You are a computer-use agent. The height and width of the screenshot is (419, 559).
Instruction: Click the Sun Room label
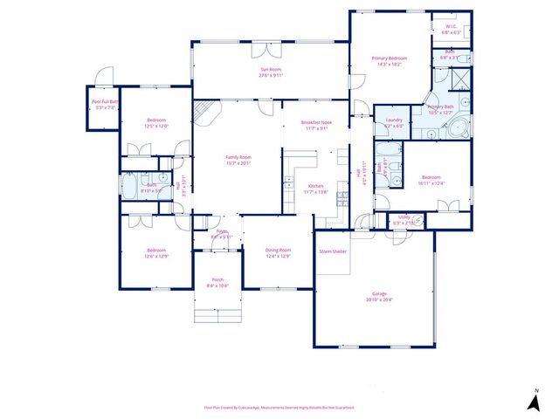pos(269,69)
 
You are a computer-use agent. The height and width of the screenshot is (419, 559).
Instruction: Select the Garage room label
pos(380,294)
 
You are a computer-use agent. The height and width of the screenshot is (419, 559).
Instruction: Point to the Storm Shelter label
pos(333,251)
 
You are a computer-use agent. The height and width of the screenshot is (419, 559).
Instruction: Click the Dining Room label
pos(277,251)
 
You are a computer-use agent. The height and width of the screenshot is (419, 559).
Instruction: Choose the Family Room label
pos(238,157)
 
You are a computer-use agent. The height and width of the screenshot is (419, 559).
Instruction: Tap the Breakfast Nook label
pos(316,123)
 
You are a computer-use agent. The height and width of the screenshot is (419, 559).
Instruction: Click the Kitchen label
pos(316,186)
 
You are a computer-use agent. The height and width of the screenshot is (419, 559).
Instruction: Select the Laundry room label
pos(393,120)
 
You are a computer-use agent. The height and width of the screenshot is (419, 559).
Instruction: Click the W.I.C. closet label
pos(452,27)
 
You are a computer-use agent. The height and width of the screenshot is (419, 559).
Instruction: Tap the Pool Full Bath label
pos(105,101)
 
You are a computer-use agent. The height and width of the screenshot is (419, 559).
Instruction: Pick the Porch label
pos(217,280)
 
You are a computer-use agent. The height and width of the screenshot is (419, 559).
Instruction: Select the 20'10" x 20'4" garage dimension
pos(380,300)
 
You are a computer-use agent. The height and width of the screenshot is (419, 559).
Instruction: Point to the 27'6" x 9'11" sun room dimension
pos(269,75)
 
